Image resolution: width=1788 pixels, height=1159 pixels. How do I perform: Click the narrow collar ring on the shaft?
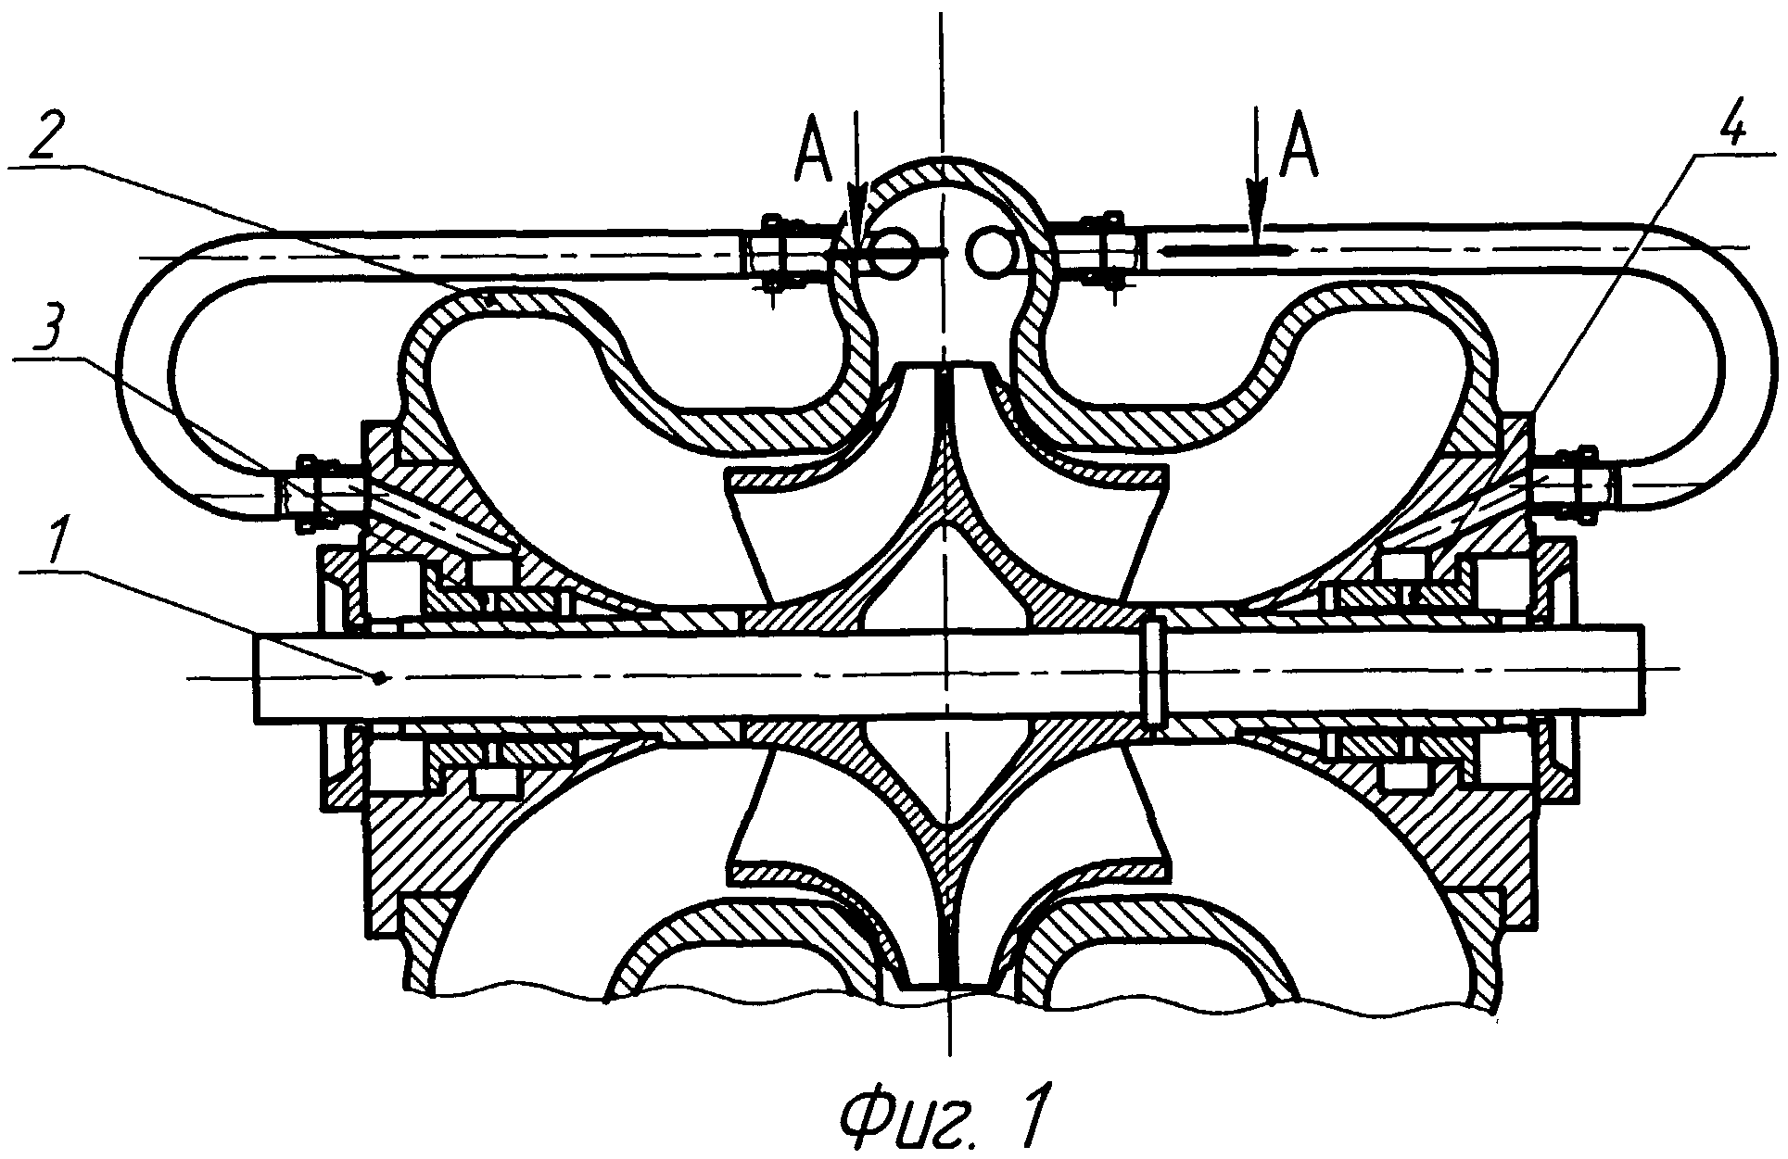click(1154, 672)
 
